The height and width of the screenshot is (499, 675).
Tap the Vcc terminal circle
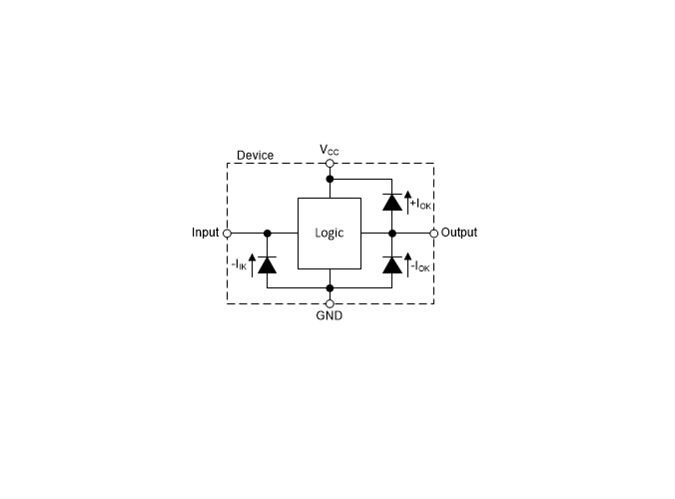[x=330, y=164]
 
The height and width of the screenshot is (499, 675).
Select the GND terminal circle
[x=330, y=303]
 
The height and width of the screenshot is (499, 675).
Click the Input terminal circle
[x=228, y=234]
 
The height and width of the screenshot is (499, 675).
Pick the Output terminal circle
[x=434, y=234]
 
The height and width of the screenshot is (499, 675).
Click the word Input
[x=206, y=233]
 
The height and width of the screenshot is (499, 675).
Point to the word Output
[x=459, y=233]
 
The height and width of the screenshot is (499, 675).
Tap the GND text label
[x=330, y=315]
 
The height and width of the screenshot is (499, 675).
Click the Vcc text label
[x=330, y=150]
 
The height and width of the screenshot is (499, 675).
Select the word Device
[x=256, y=156]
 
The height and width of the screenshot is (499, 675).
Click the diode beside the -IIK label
[x=268, y=265]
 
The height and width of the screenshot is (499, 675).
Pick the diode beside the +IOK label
[x=392, y=203]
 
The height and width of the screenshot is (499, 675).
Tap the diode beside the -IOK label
[x=392, y=265]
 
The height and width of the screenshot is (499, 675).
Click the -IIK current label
[x=239, y=264]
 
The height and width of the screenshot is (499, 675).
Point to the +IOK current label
[x=420, y=204]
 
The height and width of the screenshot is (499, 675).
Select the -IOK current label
[x=420, y=266]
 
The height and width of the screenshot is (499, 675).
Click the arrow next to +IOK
[x=408, y=203]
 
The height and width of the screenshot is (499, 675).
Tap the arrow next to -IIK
[x=253, y=265]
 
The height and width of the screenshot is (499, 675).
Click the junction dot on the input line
[x=268, y=234]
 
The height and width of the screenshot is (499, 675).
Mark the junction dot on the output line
[x=392, y=234]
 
